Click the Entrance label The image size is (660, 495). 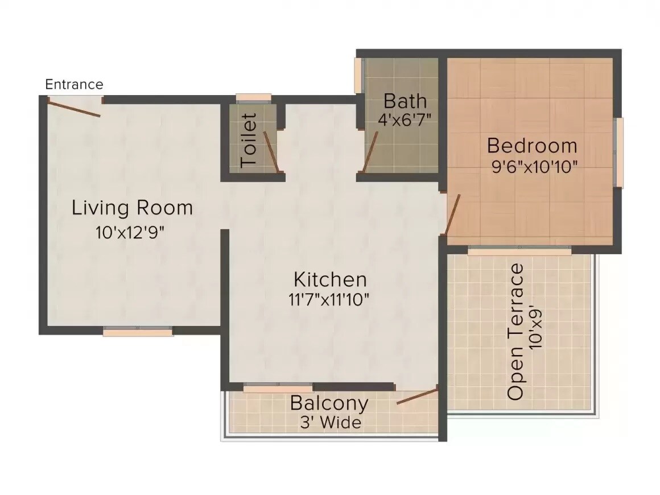[74, 85]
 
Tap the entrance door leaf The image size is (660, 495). [73, 108]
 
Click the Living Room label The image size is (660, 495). [132, 208]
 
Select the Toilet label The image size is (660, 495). [249, 140]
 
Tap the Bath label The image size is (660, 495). [405, 101]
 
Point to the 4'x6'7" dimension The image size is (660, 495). [405, 120]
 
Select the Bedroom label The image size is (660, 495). [532, 146]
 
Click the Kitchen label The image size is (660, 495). [330, 279]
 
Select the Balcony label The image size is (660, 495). [329, 403]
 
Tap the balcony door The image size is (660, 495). [417, 397]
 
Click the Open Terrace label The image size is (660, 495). [515, 332]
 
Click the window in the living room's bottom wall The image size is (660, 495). [138, 332]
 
